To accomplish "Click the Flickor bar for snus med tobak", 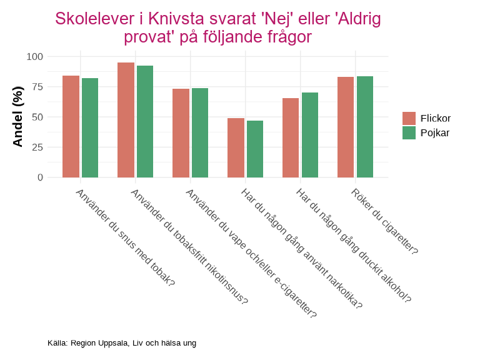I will tap(71, 127).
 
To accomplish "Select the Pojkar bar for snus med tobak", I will tap(90, 128).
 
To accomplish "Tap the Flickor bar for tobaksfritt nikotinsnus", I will tap(126, 120).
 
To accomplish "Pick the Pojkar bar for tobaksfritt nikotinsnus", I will tap(145, 122).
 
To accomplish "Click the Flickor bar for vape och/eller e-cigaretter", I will tap(181, 133).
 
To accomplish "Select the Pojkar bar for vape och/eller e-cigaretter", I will tap(200, 132).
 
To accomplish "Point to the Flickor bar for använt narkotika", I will tap(236, 148).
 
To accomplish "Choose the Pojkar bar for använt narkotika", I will tap(255, 149).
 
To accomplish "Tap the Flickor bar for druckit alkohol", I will tap(291, 138).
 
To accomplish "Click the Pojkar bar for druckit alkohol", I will tap(310, 135).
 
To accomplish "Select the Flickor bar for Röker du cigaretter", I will tap(346, 127).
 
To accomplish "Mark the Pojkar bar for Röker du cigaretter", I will tap(365, 127).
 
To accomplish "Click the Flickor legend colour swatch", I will tap(409, 118).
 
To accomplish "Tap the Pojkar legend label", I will tap(435, 132).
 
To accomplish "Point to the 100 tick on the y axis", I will tap(34, 57).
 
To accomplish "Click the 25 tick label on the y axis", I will tap(37, 147).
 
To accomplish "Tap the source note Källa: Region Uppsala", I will tap(122, 343).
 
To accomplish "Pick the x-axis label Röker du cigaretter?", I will tap(384, 221).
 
